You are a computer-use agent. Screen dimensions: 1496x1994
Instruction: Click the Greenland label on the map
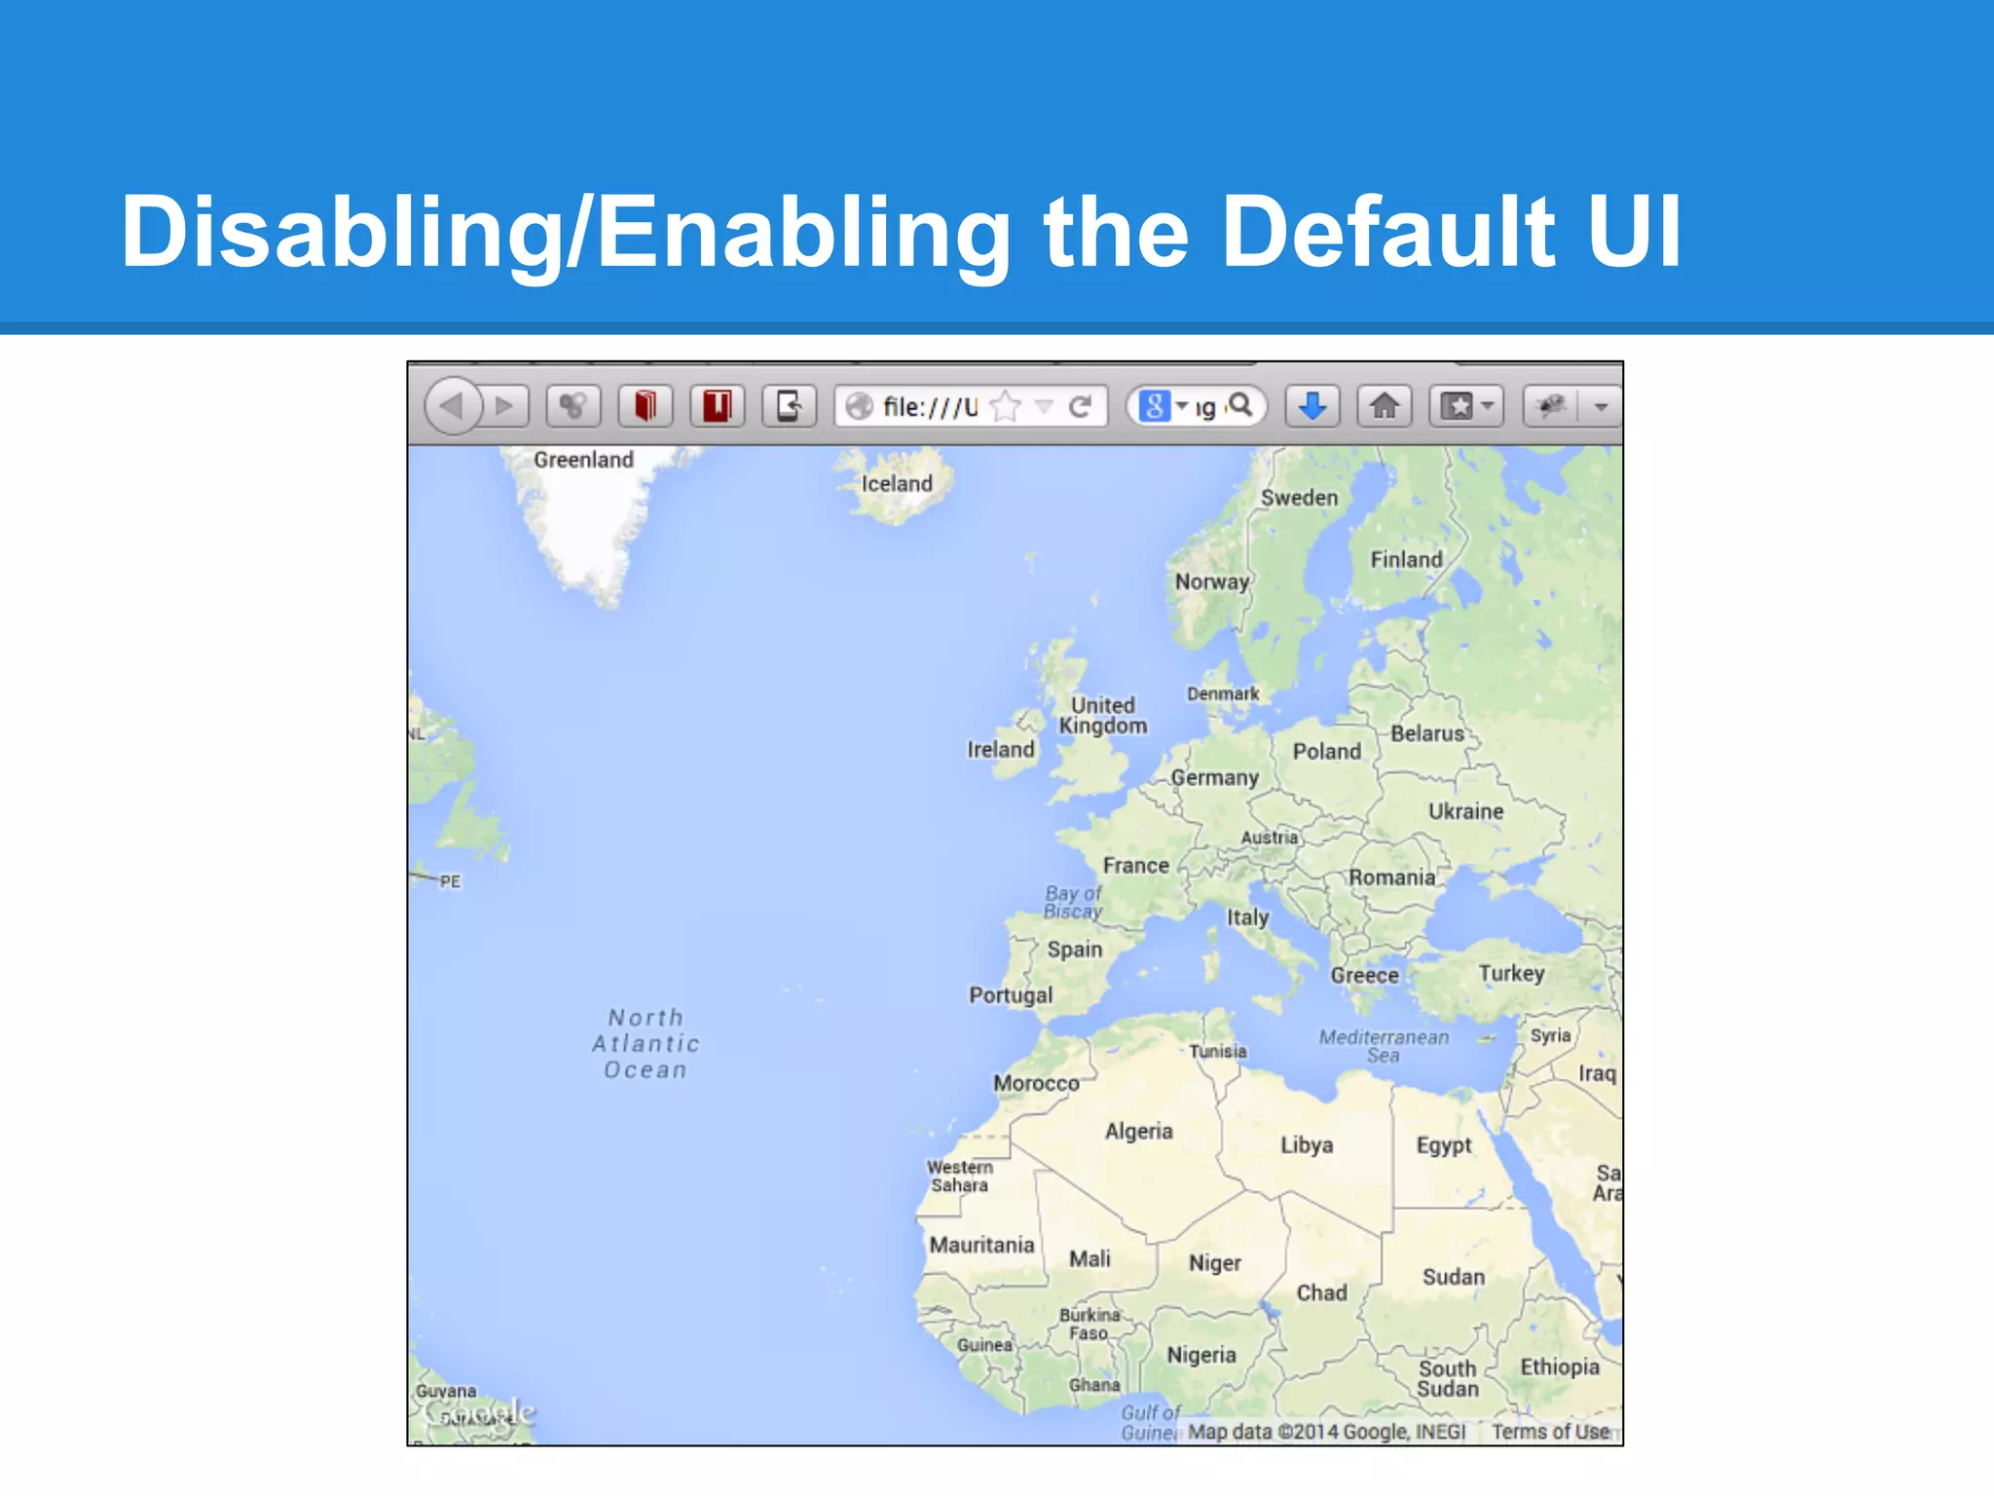(x=583, y=460)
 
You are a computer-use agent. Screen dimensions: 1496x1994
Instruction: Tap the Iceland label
(x=897, y=484)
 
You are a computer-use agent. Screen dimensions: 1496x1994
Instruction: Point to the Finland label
(x=1406, y=560)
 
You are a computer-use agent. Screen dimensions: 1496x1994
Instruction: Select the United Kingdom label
(x=1103, y=716)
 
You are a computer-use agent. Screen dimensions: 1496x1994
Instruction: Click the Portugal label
(x=1011, y=995)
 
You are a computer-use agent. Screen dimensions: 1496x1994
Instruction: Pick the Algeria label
(x=1138, y=1132)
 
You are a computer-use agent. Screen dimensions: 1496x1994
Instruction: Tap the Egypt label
(x=1444, y=1145)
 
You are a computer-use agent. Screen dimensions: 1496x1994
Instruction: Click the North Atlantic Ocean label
(x=646, y=1044)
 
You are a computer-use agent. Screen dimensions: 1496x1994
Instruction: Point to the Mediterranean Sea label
(x=1384, y=1046)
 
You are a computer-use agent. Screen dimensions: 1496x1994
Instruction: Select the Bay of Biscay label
(x=1073, y=902)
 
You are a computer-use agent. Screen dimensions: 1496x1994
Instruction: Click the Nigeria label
(x=1201, y=1356)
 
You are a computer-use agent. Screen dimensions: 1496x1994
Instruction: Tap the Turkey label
(x=1511, y=974)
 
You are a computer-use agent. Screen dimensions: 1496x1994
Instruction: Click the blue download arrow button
(x=1311, y=405)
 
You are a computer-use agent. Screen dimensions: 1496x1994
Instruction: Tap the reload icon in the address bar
(x=1080, y=406)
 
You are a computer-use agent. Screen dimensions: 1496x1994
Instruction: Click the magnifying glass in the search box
(x=1240, y=404)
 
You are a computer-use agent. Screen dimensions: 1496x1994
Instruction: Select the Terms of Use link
(x=1550, y=1432)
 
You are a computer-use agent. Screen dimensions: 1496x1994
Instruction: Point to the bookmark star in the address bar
(x=1006, y=406)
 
